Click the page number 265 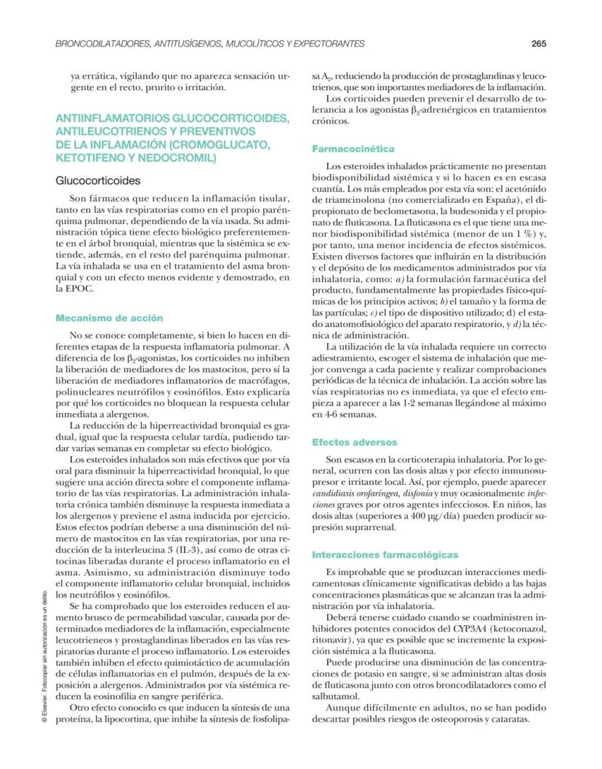(x=538, y=44)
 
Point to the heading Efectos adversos (x=355, y=442)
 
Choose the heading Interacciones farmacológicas (x=385, y=555)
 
